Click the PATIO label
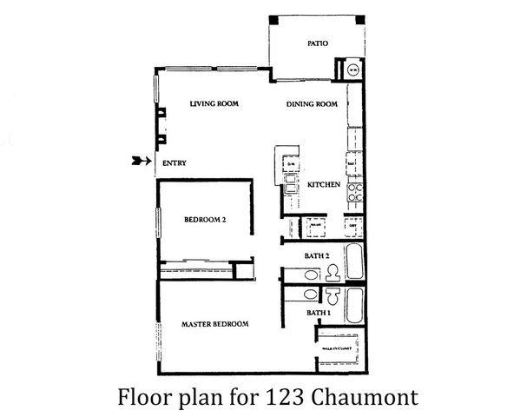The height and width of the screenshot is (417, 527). tap(317, 43)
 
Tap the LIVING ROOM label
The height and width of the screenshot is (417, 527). tap(214, 104)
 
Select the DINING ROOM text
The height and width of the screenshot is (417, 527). tap(312, 104)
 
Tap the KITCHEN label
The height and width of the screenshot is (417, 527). tap(322, 185)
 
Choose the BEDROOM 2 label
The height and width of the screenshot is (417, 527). tap(205, 221)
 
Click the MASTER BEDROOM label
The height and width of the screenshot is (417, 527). tap(214, 324)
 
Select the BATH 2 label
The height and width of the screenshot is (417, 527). tap(316, 256)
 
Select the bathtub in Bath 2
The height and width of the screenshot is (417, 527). tap(354, 261)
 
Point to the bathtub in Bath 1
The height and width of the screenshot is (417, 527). tap(354, 305)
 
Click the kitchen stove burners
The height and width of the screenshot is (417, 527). tap(354, 193)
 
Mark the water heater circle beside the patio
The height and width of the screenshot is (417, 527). tap(353, 69)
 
